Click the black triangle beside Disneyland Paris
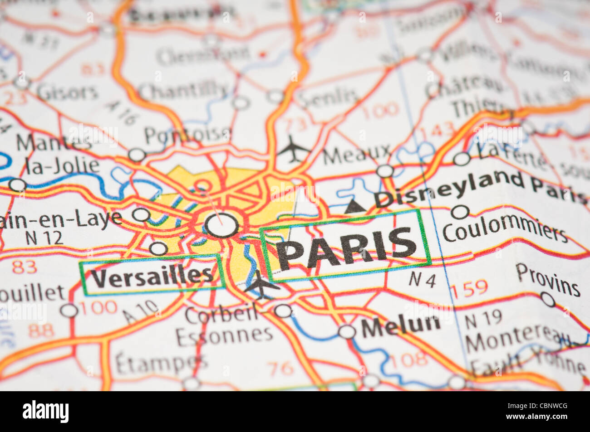click(355, 207)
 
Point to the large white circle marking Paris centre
click(221, 225)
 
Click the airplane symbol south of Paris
click(261, 284)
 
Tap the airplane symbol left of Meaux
click(293, 149)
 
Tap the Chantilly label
click(183, 91)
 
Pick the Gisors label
click(68, 92)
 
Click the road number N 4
click(422, 280)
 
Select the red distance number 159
click(469, 288)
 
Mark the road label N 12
click(44, 238)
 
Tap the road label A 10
click(141, 312)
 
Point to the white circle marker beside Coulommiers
click(460, 212)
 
